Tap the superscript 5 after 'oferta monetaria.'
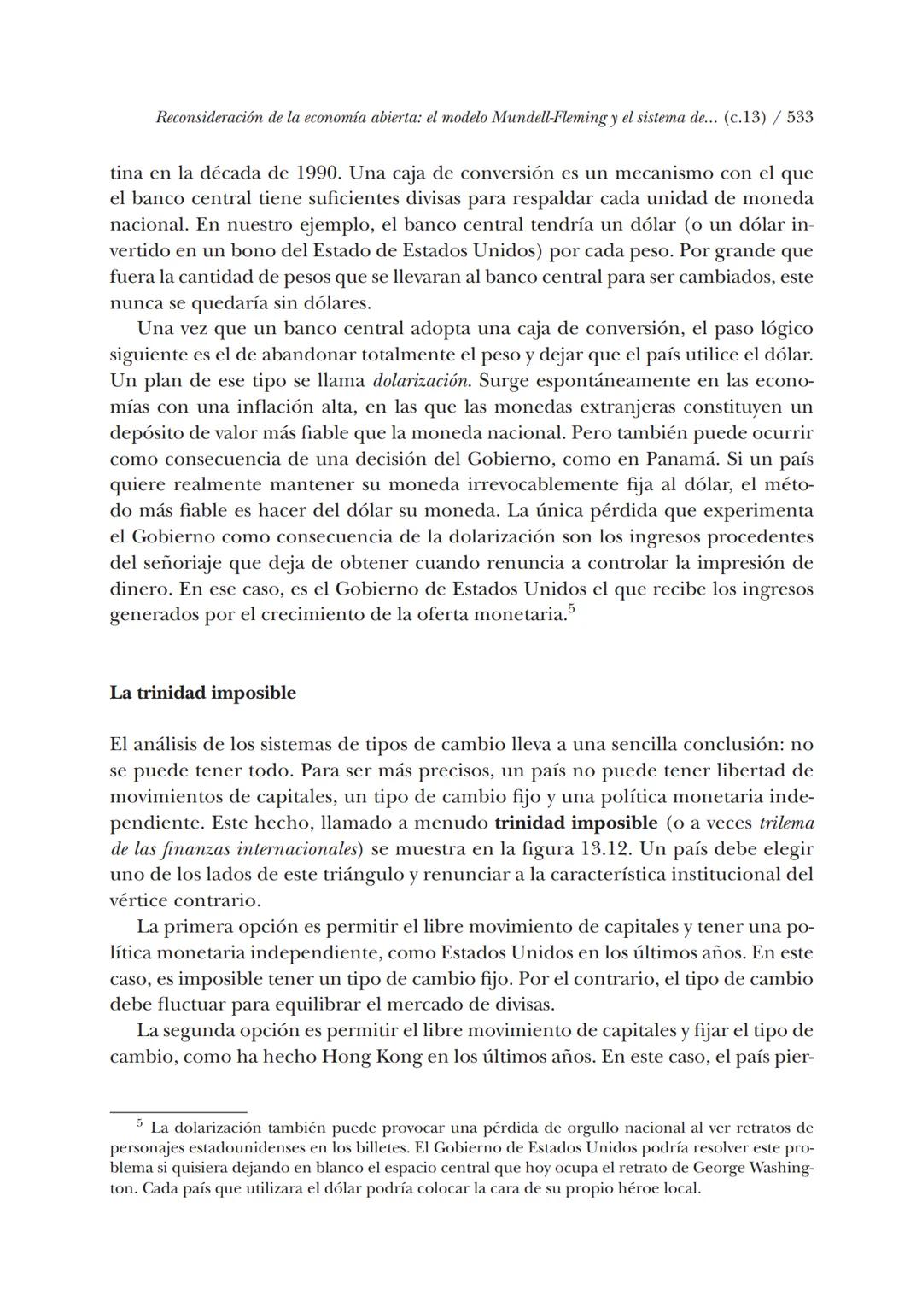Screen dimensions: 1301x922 click(571, 609)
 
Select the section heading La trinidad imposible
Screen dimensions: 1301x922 click(203, 693)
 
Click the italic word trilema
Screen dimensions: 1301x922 click(787, 823)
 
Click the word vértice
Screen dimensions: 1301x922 click(138, 900)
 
